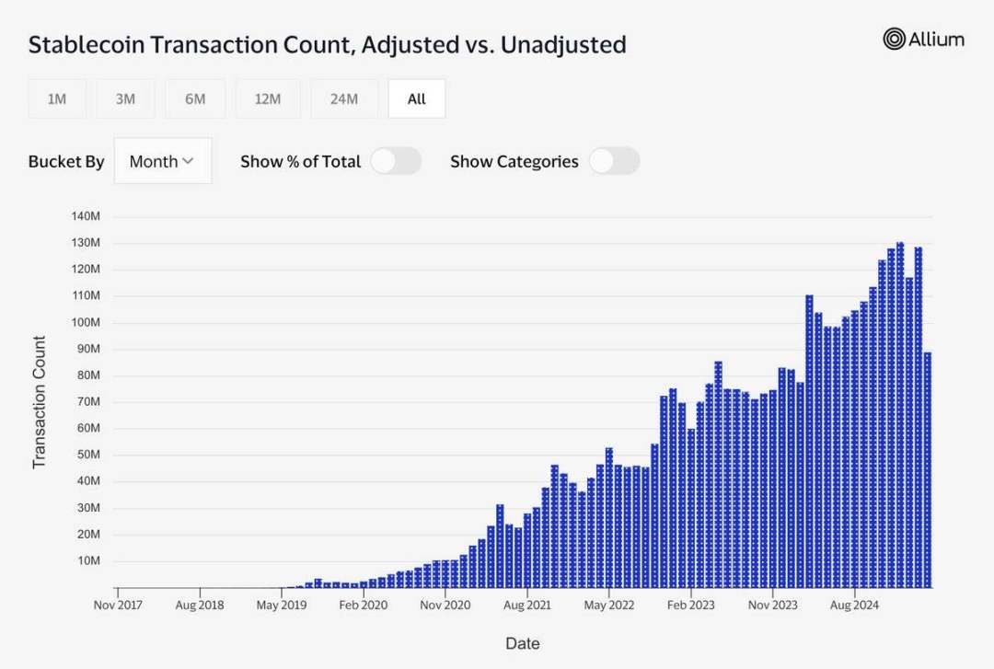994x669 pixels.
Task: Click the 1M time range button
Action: (57, 98)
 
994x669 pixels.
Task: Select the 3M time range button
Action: (126, 98)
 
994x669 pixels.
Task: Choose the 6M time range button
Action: (195, 98)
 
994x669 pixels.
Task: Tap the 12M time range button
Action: (267, 98)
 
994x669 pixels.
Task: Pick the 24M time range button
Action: (343, 98)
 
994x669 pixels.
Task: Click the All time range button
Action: (417, 98)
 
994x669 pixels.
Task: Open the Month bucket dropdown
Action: (162, 161)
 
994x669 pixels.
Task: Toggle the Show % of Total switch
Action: (396, 161)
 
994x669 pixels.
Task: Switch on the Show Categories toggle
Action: (614, 161)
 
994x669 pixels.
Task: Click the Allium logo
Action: (923, 39)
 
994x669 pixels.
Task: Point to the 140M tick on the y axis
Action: (85, 216)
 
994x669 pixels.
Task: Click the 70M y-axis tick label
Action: (87, 402)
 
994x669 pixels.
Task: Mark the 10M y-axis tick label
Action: (87, 561)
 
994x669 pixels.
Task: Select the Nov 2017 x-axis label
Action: (119, 606)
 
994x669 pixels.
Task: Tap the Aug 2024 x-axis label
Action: (855, 606)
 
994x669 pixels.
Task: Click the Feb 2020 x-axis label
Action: (363, 606)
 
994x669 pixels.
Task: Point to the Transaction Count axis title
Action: (40, 402)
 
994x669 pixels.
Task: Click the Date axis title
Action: (522, 643)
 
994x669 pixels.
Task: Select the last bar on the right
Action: (928, 469)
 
